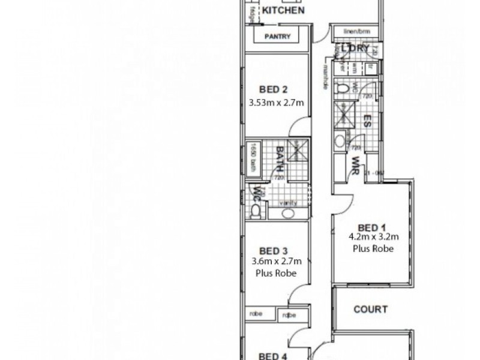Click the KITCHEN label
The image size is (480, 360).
coord(284,10)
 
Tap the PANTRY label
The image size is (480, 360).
coord(278,37)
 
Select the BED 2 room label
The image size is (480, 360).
coord(274,90)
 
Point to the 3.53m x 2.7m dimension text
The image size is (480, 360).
coord(277,103)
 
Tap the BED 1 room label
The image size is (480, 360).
coord(371,227)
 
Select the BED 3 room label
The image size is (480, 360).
coord(274,251)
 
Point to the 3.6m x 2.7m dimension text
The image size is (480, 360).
coord(275,261)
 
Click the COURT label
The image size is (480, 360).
coord(370,310)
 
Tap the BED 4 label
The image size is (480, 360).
coord(274,355)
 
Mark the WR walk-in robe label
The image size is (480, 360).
coord(355,164)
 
